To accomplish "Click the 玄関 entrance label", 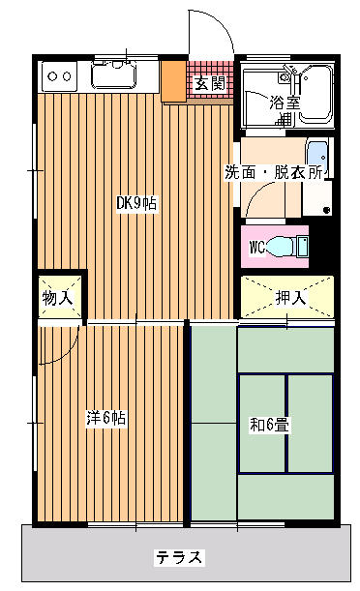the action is (210, 84).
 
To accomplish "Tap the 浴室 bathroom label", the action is (285, 103).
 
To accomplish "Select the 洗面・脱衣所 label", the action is (274, 172).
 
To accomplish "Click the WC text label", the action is (256, 248).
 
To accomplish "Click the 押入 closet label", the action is (290, 298).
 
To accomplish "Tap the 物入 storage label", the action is (57, 298).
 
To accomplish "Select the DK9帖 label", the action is (136, 204).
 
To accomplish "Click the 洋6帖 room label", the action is (105, 418).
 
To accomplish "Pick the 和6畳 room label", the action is (270, 426).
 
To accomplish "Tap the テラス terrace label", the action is (179, 557).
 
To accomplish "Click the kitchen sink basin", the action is (114, 75).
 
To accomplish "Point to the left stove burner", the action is (52, 76).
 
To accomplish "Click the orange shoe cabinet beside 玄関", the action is (174, 80).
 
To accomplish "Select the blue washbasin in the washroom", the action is (317, 157).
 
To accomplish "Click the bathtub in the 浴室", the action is (315, 96).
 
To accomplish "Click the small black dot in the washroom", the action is (327, 210).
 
